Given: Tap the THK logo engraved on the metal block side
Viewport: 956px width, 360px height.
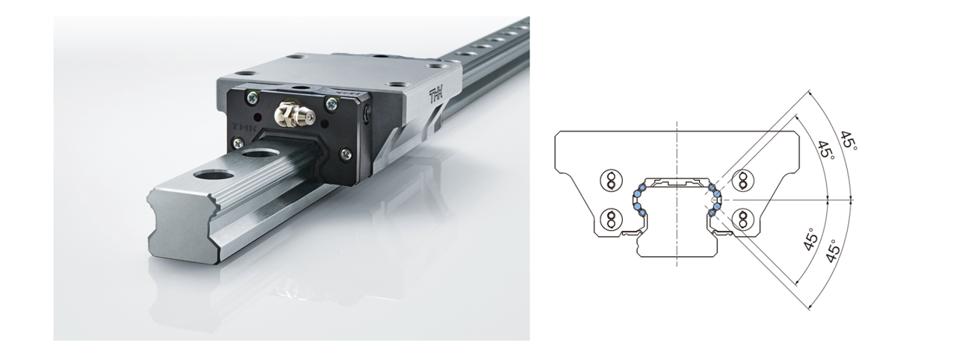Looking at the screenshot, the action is point(437,96).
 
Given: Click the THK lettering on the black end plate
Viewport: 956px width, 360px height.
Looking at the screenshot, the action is point(242,127).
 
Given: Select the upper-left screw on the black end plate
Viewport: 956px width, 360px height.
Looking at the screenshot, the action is point(252,98).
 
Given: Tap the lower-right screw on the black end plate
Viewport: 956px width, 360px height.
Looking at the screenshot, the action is point(346,154).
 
